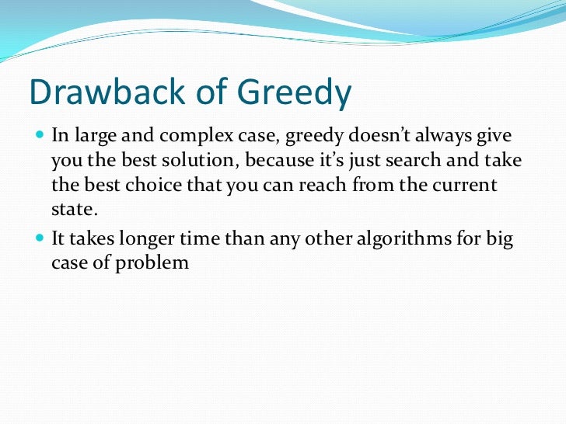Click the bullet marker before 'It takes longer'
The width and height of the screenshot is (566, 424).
[x=40, y=238]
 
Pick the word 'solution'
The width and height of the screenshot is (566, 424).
[x=181, y=161]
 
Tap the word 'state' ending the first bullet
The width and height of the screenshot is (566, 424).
[x=73, y=210]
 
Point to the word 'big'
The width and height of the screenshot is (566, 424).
[x=498, y=240]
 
